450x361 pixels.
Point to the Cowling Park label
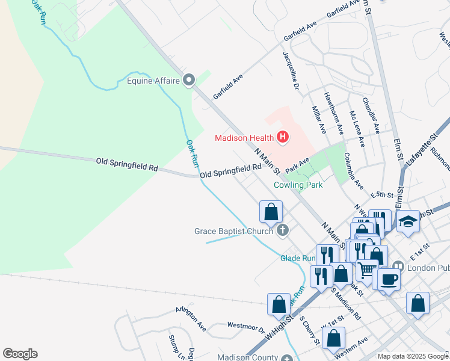[298, 185]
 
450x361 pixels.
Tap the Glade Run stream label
[298, 258]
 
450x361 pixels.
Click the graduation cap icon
[407, 221]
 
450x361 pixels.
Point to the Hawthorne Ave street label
[333, 113]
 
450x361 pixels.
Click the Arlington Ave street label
[191, 318]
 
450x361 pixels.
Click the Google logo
[20, 354]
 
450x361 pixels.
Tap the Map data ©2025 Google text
[413, 356]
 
